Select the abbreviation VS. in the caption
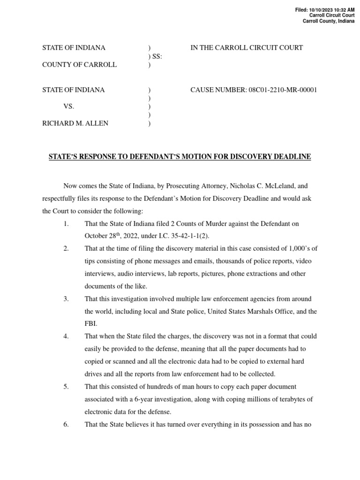coord(69,107)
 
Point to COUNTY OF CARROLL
coord(79,65)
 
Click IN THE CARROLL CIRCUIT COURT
coord(247,48)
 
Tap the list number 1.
coord(66,224)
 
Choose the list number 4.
coord(66,336)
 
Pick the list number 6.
coord(66,424)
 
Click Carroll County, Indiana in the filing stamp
coord(328,21)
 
